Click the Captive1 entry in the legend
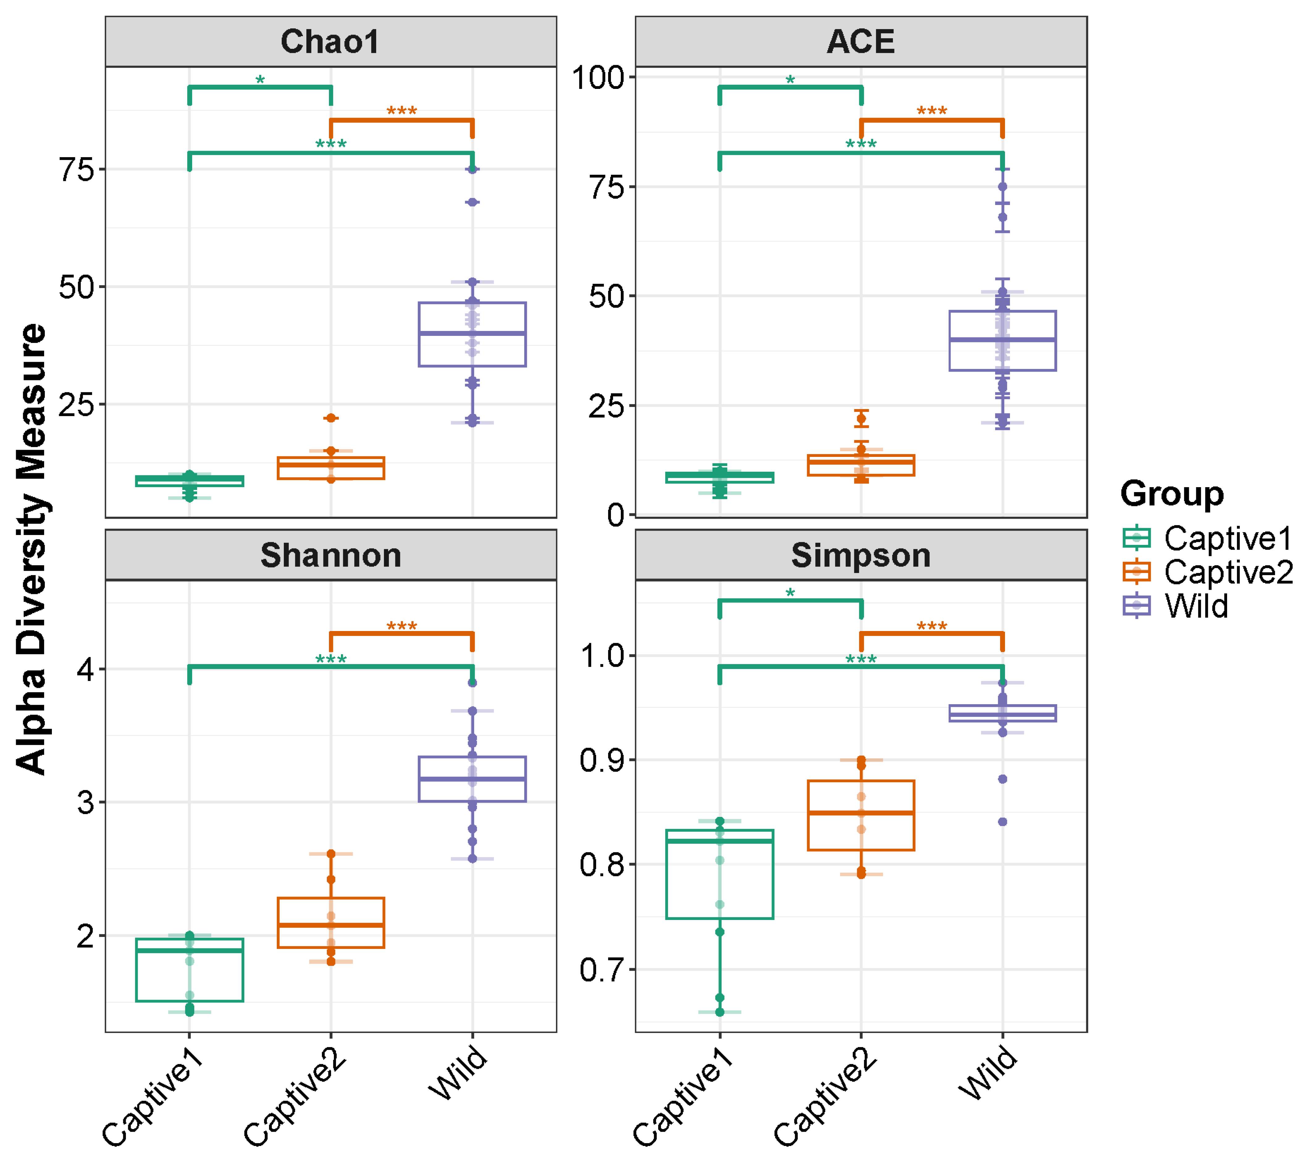(x=1207, y=538)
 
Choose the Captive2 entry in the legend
(x=1207, y=572)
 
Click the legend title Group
(x=1172, y=494)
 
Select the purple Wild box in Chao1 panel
(x=472, y=334)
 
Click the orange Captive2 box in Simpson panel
(x=861, y=815)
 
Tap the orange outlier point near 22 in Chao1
(x=331, y=418)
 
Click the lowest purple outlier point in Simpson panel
(x=1003, y=822)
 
